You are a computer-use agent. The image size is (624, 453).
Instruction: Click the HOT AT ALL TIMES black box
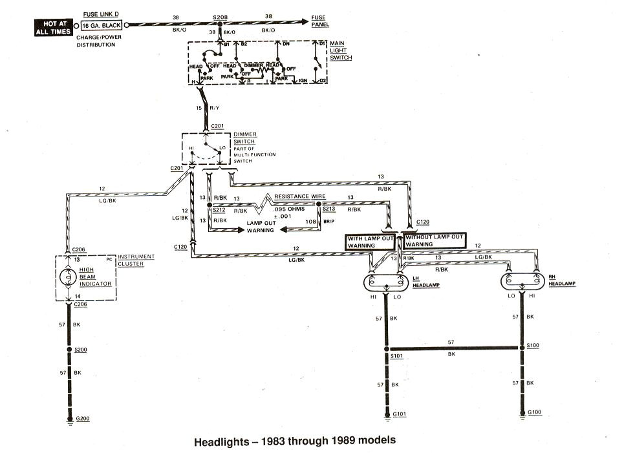56,25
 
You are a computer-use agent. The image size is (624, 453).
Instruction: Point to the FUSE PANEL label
320,20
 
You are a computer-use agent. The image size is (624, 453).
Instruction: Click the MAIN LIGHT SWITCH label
341,51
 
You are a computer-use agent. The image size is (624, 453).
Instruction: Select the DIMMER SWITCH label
244,138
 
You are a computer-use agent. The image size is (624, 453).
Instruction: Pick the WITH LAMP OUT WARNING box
371,241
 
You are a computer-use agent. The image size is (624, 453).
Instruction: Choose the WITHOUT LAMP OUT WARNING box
435,241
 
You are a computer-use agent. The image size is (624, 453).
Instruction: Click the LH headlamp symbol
387,282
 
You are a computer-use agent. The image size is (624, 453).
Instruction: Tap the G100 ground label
535,413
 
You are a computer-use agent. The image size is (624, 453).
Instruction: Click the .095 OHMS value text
288,210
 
